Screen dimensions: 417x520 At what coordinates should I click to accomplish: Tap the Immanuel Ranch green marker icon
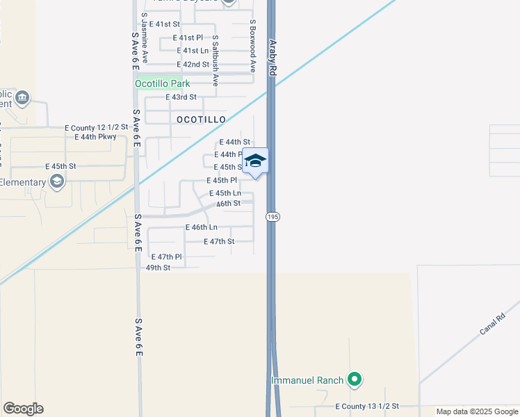(x=355, y=379)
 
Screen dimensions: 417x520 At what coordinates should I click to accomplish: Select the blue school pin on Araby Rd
(x=256, y=161)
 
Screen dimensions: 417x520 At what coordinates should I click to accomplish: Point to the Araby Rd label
(x=273, y=57)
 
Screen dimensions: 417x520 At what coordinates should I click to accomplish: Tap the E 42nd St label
(x=193, y=64)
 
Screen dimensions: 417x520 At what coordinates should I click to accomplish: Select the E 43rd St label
(x=181, y=97)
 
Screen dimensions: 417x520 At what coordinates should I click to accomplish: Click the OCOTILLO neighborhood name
(x=201, y=120)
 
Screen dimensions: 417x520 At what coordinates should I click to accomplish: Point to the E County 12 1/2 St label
(x=97, y=128)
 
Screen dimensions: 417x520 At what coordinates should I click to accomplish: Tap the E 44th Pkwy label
(x=95, y=137)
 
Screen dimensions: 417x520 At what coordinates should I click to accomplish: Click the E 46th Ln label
(x=201, y=227)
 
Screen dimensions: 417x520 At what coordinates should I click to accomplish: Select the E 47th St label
(x=218, y=241)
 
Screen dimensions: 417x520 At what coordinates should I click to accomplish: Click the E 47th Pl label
(x=165, y=256)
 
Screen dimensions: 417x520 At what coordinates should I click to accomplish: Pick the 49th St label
(x=158, y=267)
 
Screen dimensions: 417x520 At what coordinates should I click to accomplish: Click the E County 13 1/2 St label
(x=366, y=406)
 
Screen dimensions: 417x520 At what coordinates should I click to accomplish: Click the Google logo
(x=23, y=409)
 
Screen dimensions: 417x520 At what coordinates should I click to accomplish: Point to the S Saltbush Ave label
(x=216, y=60)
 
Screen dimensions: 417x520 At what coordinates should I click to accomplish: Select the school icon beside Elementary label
(x=56, y=182)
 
